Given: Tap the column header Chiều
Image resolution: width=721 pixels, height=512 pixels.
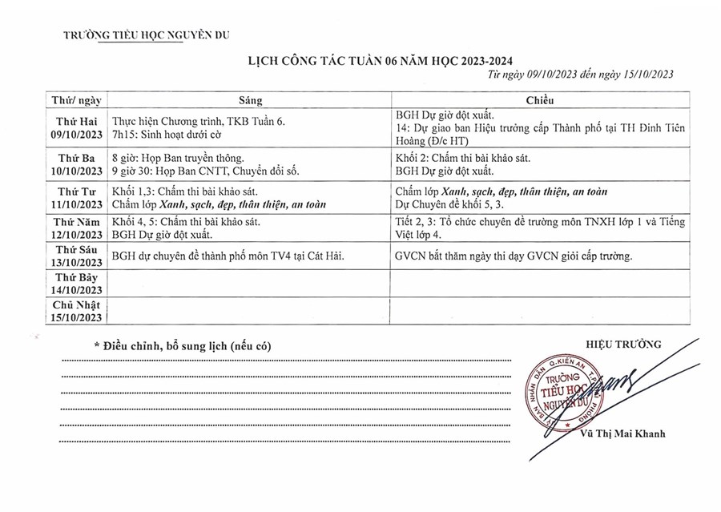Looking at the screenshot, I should (540, 102).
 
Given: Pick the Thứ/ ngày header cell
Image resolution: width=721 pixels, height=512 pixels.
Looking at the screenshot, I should (76, 102).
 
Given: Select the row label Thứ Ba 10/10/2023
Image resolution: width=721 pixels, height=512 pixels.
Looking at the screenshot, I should (76, 164).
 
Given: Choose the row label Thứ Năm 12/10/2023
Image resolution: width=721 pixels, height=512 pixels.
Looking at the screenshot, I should (76, 228).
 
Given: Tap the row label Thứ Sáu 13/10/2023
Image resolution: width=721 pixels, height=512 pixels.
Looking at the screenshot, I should (76, 257).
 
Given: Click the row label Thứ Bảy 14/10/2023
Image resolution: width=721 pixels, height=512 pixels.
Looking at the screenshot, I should (76, 284).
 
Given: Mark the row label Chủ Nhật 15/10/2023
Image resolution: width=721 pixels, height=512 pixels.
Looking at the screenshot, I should (76, 311).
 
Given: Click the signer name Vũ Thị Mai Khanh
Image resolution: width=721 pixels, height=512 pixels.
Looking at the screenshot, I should (624, 434).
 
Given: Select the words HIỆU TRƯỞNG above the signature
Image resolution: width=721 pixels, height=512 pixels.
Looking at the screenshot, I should (624, 344).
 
